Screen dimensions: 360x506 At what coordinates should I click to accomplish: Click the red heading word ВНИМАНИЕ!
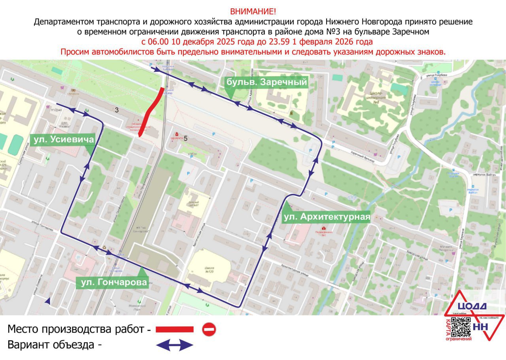pos(253,11)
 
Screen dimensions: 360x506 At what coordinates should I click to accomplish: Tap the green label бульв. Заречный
pos(266,82)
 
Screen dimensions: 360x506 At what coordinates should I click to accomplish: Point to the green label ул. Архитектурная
pos(326,217)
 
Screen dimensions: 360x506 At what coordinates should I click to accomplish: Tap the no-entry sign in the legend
pos(209,329)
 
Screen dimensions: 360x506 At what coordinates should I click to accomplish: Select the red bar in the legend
pos(174,329)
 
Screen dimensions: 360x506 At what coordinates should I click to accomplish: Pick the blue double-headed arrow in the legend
pos(174,345)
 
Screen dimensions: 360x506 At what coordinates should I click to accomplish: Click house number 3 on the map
pos(117,110)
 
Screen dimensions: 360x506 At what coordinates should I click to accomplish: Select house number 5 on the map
pos(185,138)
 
